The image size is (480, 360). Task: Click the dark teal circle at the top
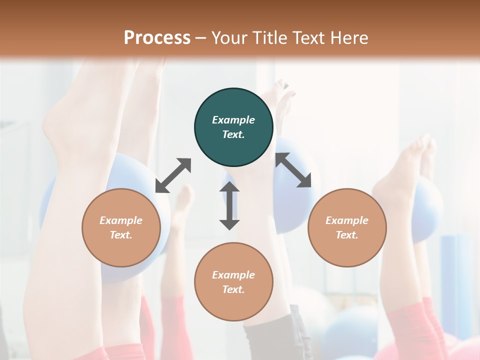coord(233,127)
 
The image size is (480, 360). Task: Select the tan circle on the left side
coord(121,228)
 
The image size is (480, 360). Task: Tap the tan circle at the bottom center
coord(233,282)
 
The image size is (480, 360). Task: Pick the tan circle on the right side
coord(347,228)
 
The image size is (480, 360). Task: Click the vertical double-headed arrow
coord(229,206)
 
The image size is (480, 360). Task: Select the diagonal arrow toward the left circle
coord(173,175)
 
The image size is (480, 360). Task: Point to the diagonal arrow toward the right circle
coord(293,170)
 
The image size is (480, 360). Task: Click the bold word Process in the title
coord(157,37)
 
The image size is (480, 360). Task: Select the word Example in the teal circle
coord(233,120)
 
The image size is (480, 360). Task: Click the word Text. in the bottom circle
coord(233,289)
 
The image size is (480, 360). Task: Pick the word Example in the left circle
coord(121,220)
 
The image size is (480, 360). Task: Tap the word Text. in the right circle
coord(347,235)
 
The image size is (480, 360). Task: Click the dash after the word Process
coord(201,38)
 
